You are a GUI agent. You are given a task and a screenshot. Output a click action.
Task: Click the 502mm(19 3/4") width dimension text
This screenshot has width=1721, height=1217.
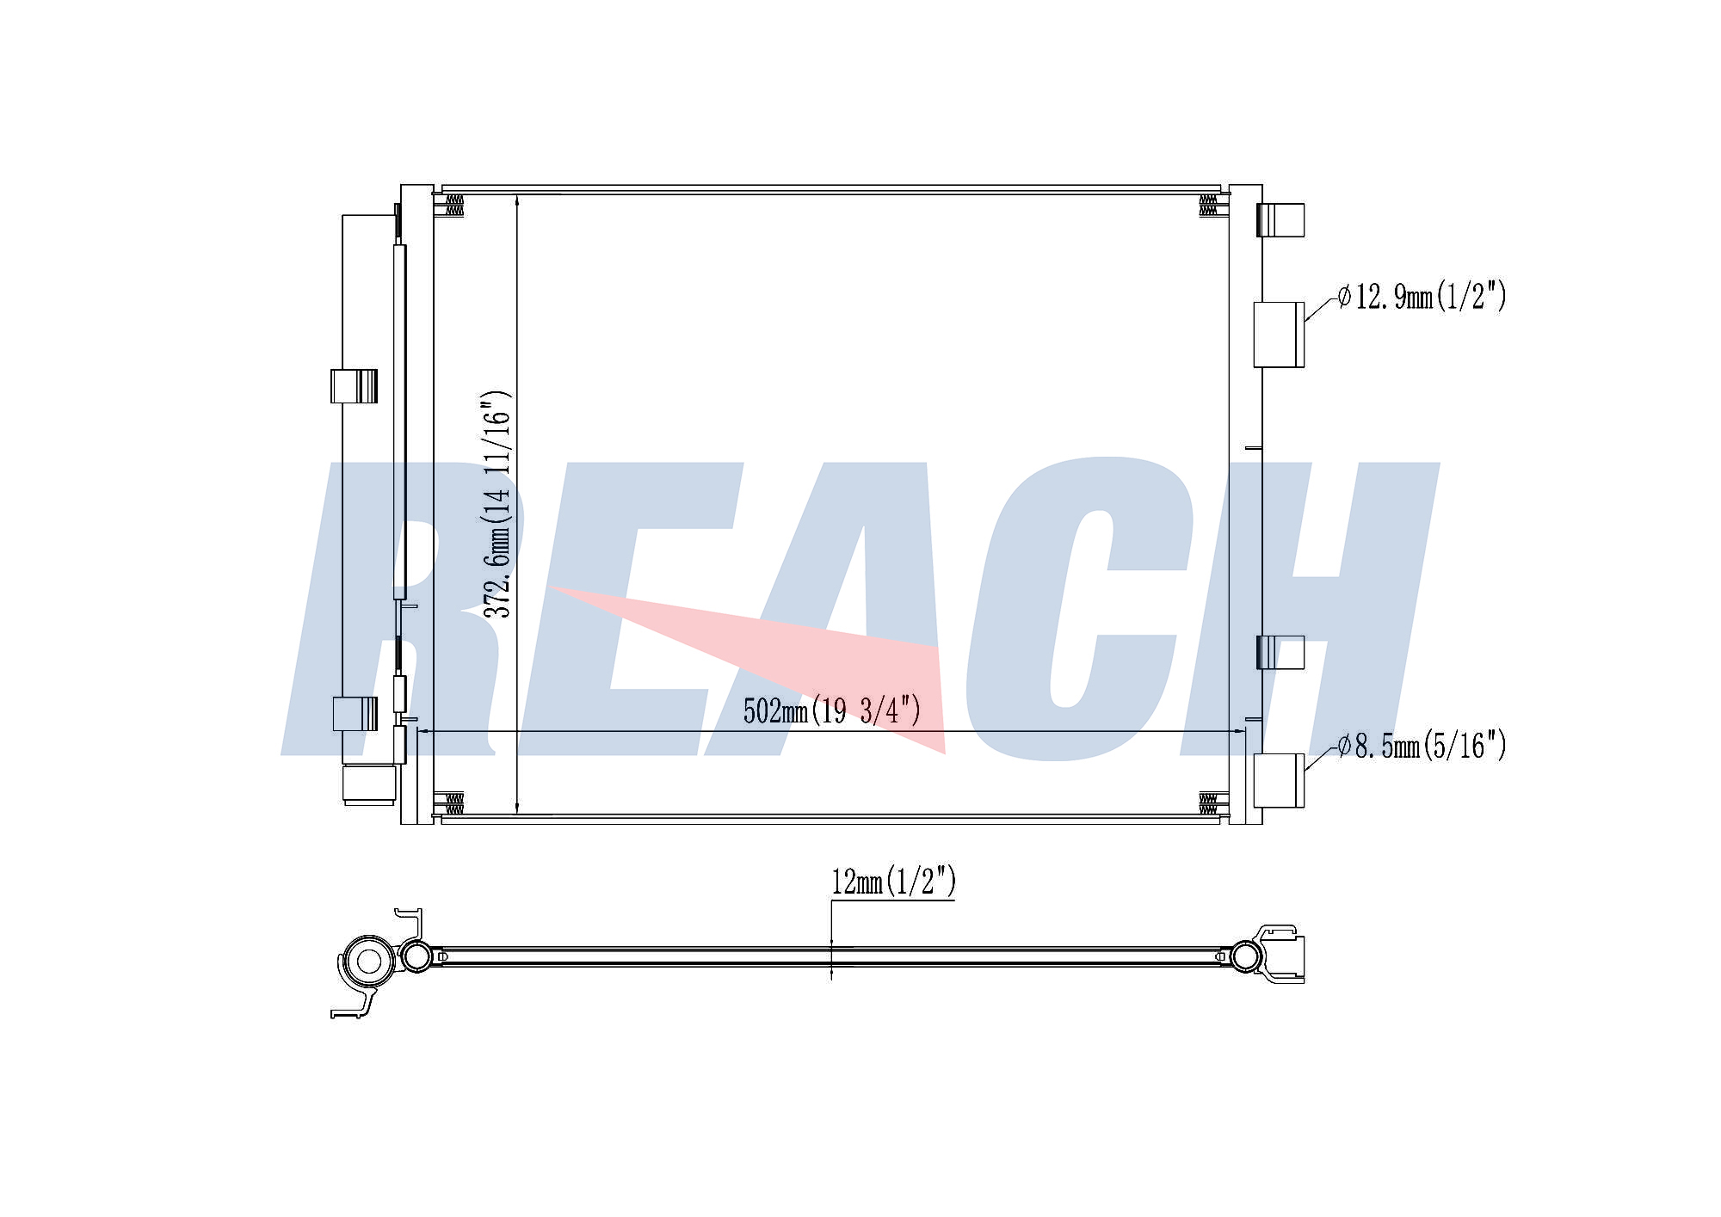(832, 711)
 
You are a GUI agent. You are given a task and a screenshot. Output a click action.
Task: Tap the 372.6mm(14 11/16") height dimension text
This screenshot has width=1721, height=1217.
(497, 505)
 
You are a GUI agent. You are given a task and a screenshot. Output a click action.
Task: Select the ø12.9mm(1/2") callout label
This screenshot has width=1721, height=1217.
(1422, 297)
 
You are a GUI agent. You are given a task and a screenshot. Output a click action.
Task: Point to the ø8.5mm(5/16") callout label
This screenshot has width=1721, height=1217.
(1422, 746)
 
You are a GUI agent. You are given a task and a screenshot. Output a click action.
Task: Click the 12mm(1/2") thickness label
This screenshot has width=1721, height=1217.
(893, 882)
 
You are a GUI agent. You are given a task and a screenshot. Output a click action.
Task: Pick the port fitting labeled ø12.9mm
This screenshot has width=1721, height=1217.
(1279, 335)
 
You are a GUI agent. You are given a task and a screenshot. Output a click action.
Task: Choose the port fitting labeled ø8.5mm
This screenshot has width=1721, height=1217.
(1279, 780)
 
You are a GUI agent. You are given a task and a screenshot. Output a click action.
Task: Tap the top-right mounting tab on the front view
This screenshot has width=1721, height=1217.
(1280, 219)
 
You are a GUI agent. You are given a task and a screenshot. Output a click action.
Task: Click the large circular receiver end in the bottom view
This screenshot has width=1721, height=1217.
(368, 962)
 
